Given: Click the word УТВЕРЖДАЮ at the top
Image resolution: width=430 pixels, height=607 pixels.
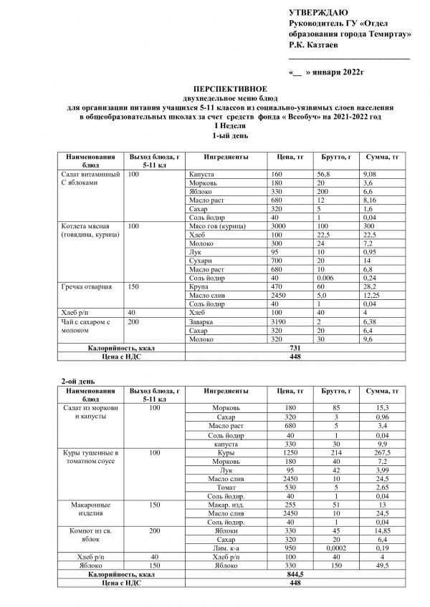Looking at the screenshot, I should [318, 14].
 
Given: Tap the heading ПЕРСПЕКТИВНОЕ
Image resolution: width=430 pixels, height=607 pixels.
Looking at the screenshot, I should [216, 85].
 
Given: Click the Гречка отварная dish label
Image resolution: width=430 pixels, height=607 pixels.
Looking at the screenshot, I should [87, 287].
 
